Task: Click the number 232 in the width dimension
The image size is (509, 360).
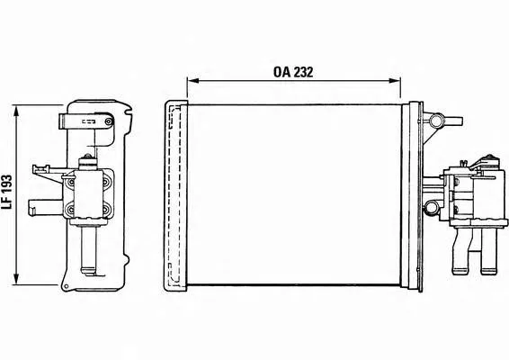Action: point(303,72)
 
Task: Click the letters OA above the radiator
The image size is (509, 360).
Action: point(281,72)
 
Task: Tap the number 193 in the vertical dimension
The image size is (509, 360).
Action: point(7,186)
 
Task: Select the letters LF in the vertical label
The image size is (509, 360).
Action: point(7,203)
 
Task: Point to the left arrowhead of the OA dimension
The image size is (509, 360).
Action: point(192,81)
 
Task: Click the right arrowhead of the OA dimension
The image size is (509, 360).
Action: point(395,81)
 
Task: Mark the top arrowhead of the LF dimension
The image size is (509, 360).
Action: point(16,111)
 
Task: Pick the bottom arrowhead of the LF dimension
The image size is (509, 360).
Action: point(16,279)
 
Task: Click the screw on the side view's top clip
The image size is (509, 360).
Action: point(109,121)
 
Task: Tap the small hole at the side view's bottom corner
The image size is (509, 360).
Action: point(67,286)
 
